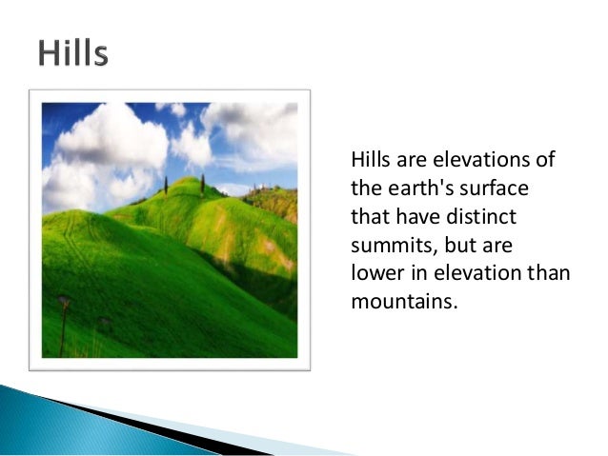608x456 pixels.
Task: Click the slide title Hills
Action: pos(72,53)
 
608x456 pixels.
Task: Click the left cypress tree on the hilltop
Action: pos(165,185)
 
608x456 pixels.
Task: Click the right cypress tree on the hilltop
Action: pos(202,183)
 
